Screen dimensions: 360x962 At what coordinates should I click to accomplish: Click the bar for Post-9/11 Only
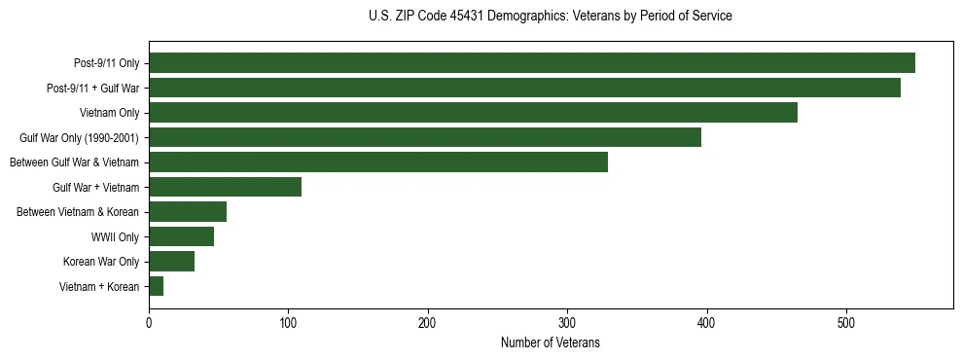click(531, 63)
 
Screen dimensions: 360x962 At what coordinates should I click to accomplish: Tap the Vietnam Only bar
click(473, 113)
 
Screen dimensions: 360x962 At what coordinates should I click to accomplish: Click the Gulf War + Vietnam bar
click(225, 187)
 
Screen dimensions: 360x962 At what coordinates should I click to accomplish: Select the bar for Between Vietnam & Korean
click(188, 212)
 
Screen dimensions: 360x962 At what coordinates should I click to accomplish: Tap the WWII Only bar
click(181, 236)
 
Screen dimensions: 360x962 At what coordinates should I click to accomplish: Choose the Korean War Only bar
click(171, 261)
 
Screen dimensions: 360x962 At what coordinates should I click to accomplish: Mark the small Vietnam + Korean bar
click(156, 286)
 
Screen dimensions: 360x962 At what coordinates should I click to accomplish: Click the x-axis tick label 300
click(567, 322)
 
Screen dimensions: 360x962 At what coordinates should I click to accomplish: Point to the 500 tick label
click(846, 322)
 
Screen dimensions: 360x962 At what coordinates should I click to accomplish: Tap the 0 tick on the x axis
click(149, 322)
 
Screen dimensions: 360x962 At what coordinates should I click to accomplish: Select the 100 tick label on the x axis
click(288, 322)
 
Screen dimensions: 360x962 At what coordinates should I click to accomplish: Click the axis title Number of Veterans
click(551, 342)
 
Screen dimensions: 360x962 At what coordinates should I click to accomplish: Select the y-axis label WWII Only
click(115, 236)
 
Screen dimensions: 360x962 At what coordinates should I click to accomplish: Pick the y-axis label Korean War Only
click(101, 262)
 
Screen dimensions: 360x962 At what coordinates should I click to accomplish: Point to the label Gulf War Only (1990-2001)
click(80, 138)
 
